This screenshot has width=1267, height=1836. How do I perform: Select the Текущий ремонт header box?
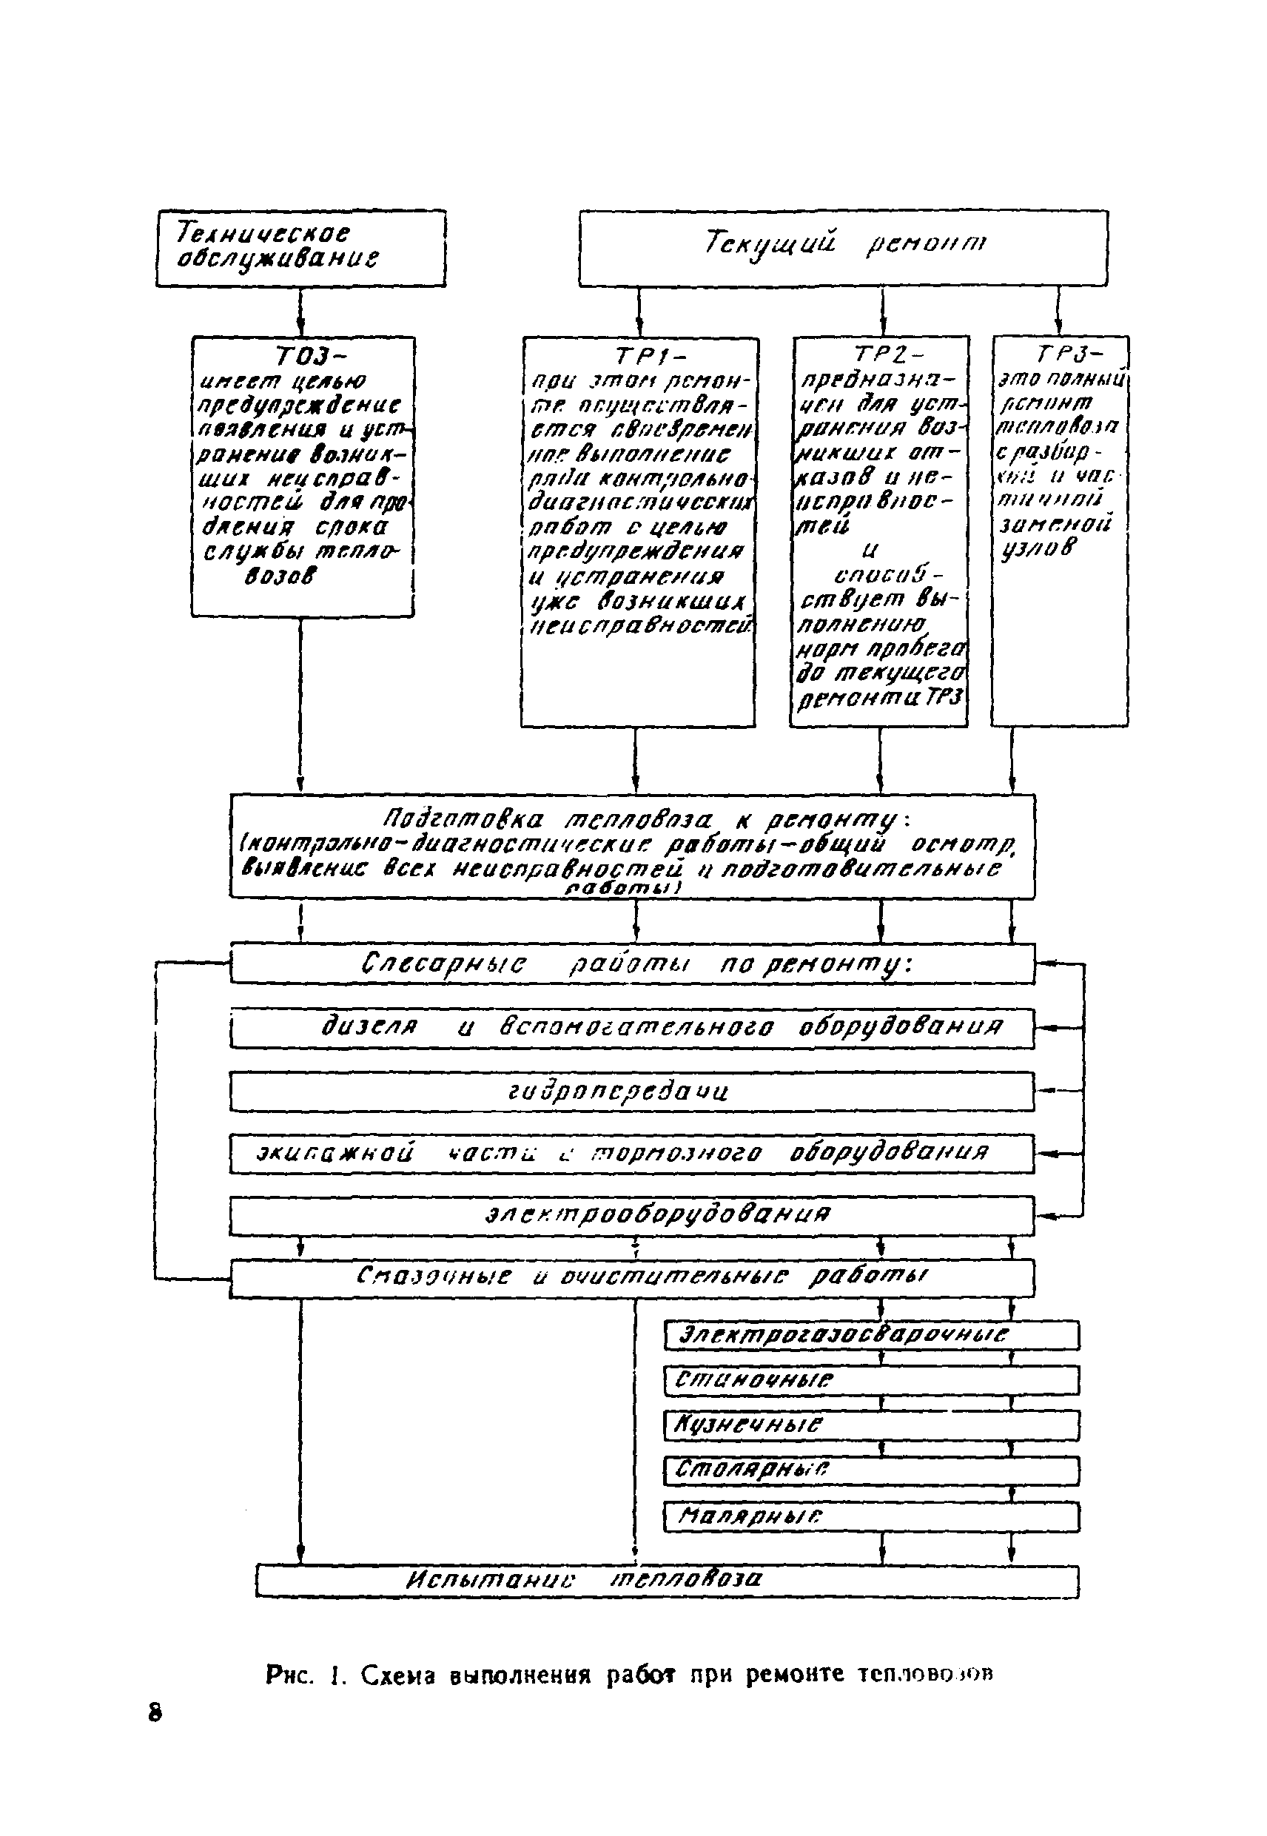842,247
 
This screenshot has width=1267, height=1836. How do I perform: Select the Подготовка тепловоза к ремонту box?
632,845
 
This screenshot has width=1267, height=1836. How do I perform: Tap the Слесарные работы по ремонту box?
632,964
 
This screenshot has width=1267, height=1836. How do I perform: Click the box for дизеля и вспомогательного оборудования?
632,1028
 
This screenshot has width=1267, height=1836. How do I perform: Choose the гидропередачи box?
632,1092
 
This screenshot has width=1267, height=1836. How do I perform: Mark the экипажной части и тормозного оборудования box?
632,1154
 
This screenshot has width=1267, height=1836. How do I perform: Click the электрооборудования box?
632,1215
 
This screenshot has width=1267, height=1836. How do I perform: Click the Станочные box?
871,1380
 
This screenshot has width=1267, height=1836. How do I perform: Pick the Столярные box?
871,1471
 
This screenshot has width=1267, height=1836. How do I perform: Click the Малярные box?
871,1517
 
